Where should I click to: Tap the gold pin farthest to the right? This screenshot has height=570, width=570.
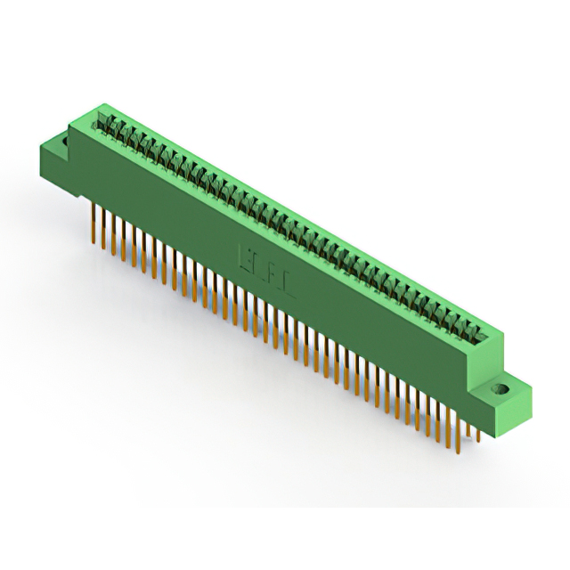479,432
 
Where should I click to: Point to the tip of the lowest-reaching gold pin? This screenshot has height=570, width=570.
466,450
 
